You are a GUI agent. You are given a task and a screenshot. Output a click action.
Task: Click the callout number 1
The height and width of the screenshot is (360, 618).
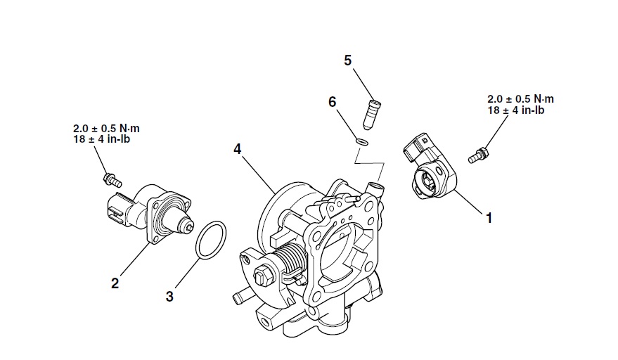488,218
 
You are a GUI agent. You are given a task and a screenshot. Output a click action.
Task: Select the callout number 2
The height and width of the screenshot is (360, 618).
115,283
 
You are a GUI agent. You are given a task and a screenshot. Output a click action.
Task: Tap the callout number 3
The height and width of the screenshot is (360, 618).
169,297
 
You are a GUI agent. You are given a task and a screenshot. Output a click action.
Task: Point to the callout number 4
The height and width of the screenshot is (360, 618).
238,149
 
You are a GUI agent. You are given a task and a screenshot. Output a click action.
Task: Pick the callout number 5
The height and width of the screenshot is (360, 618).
347,60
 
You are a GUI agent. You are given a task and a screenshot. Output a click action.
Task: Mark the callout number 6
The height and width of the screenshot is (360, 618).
333,102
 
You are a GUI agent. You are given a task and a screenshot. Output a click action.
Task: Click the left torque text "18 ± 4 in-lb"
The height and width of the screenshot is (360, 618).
101,139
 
